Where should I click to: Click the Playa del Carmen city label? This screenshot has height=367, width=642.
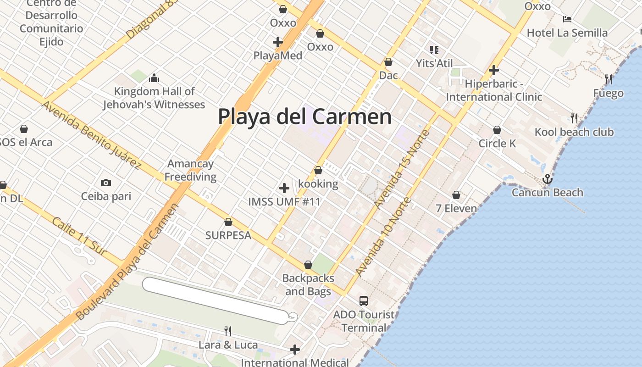304,117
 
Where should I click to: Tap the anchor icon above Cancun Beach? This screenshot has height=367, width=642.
547,179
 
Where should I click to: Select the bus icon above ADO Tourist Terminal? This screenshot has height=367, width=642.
363,301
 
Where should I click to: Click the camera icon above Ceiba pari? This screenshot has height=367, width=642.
106,183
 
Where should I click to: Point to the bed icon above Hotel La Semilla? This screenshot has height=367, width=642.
567,19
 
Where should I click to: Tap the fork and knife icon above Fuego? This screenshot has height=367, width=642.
609,79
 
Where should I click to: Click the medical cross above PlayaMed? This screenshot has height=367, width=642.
277,42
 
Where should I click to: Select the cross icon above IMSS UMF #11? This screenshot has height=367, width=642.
284,188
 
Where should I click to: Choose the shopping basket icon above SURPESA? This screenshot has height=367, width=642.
228,222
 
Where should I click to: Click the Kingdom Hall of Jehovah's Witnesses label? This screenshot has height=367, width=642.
154,98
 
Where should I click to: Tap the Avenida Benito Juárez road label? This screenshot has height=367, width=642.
91,134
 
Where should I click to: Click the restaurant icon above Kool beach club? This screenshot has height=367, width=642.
574,118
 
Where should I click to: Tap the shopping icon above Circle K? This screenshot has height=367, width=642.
497,130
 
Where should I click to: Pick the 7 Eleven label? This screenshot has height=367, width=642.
456,208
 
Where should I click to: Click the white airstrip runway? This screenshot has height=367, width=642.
216,300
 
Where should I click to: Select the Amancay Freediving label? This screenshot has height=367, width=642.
190,170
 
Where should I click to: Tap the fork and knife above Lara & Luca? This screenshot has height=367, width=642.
227,331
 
